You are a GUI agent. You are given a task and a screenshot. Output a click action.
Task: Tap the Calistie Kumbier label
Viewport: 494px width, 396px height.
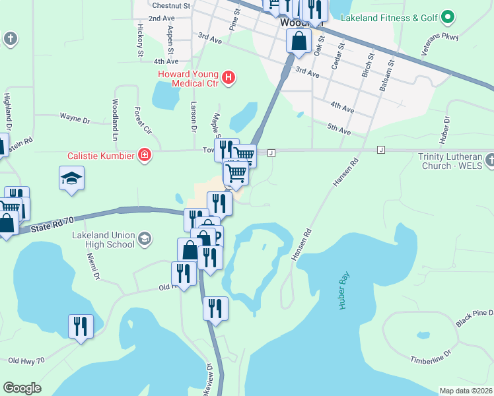click(102, 156)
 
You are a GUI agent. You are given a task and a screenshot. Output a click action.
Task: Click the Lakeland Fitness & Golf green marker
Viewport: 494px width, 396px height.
click(448, 16)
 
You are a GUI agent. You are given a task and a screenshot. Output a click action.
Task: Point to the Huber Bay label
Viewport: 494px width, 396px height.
click(343, 292)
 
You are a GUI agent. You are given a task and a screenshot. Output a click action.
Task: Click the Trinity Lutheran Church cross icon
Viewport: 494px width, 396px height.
click(489, 160)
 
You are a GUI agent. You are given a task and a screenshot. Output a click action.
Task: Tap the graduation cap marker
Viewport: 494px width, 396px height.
click(71, 178)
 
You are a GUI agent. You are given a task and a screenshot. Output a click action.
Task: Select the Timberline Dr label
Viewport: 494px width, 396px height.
click(429, 357)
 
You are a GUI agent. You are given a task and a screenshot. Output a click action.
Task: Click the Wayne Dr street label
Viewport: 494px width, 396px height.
click(75, 119)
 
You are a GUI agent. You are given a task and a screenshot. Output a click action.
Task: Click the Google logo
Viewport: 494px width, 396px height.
click(22, 387)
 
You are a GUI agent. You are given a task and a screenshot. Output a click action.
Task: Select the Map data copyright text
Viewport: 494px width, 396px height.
click(466, 391)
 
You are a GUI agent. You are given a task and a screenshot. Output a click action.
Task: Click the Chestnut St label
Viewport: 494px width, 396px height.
click(170, 5)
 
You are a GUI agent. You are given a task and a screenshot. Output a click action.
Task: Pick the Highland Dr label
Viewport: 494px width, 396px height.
click(8, 110)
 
